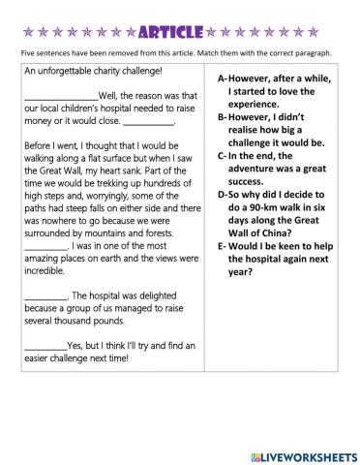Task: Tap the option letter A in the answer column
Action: (222, 79)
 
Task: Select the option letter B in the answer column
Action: (222, 116)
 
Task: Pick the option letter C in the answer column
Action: (222, 154)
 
